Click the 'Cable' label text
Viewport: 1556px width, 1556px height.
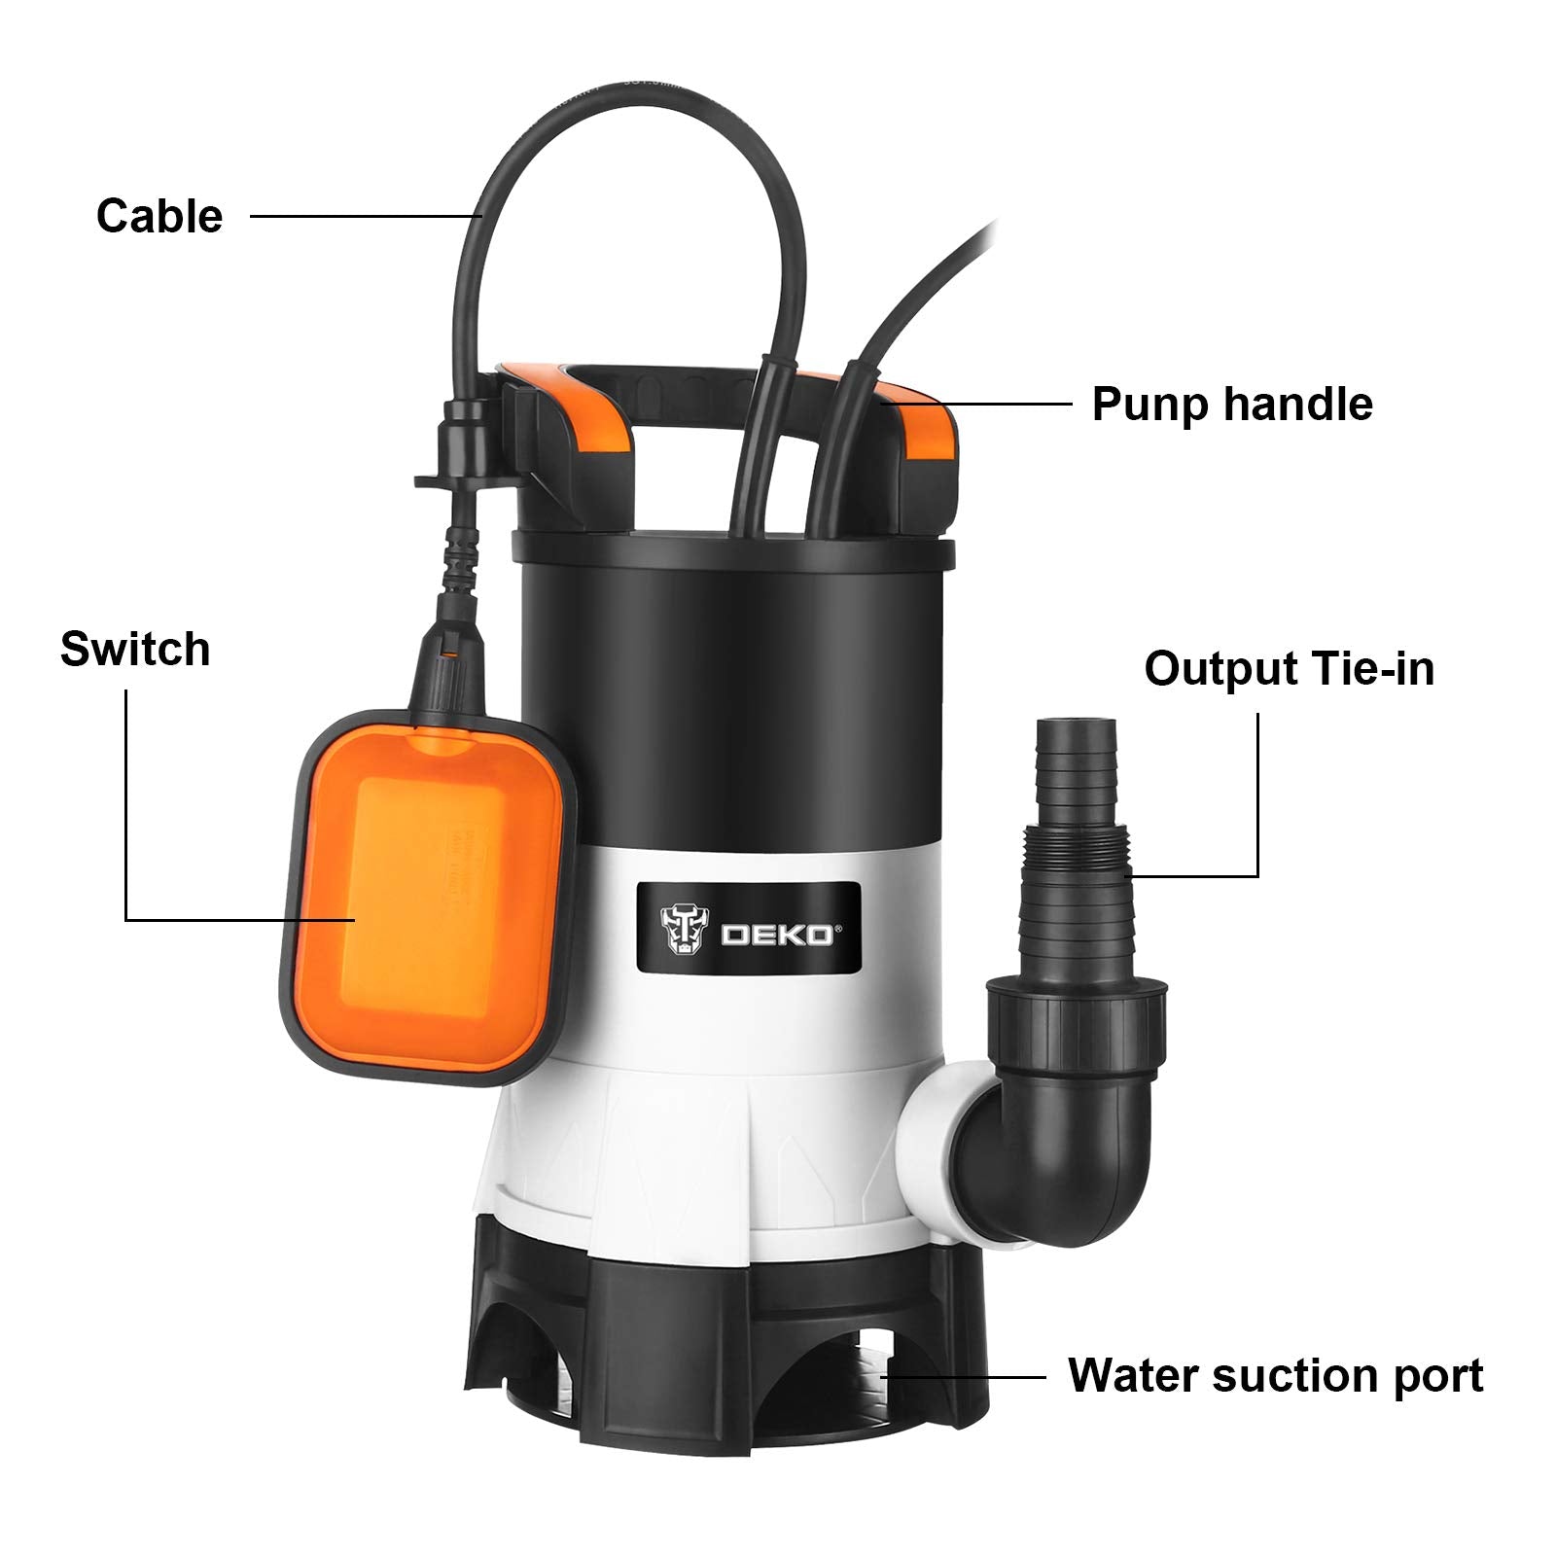tap(159, 216)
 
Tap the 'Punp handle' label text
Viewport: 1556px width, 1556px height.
tap(1231, 404)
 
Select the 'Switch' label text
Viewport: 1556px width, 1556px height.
tap(135, 649)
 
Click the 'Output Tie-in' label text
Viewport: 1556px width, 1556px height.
tap(1289, 669)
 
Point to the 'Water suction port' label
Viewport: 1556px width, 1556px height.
tap(1275, 1375)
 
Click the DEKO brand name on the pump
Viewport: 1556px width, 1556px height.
tap(775, 936)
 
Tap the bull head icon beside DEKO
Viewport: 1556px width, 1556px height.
tap(686, 929)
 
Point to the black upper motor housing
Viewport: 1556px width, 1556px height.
tap(729, 700)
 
